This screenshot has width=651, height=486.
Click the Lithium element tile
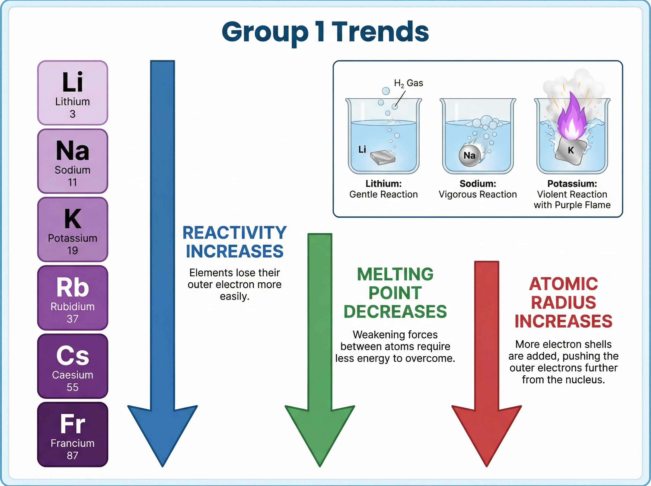point(73,93)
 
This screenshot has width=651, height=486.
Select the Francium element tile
point(73,434)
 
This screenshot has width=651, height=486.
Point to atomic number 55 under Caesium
point(73,387)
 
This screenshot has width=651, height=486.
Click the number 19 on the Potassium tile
point(73,250)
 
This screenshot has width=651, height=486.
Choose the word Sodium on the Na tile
point(73,170)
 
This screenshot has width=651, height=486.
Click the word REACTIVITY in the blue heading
point(234,233)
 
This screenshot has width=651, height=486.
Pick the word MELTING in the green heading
point(395,274)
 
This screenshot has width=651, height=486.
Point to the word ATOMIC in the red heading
point(563,284)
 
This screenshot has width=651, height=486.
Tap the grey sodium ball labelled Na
point(470,155)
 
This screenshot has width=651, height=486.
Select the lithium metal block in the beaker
point(382,157)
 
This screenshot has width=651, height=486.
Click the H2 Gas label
point(408,83)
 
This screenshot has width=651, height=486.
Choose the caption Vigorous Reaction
point(478,194)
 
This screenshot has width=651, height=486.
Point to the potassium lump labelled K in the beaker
point(571,151)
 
